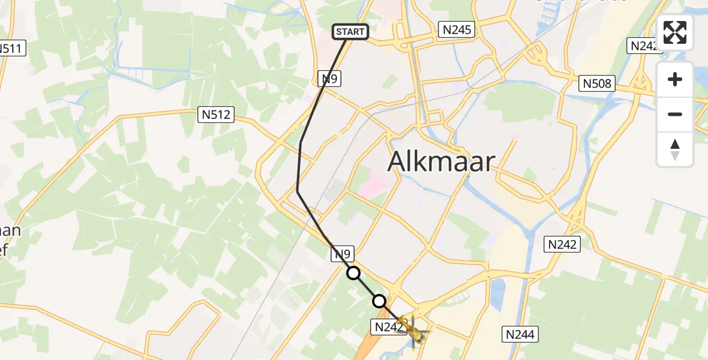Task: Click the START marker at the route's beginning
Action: pos(350,32)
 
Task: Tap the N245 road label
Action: pos(457,29)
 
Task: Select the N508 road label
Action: pos(598,83)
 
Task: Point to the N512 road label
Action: pos(216,114)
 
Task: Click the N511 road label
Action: pos(12,49)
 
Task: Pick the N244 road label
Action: pos(520,334)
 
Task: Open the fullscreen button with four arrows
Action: pos(675,32)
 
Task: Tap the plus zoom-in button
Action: pos(675,79)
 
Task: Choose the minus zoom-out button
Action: pos(675,114)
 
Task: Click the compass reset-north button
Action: pos(675,149)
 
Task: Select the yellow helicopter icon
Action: pos(415,329)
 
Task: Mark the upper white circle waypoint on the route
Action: pos(354,274)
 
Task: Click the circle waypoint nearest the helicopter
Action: pos(379,301)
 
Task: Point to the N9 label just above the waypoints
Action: pos(344,254)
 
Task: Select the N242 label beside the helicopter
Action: pos(388,327)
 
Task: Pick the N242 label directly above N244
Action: pos(562,244)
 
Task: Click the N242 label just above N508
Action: pos(644,46)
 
